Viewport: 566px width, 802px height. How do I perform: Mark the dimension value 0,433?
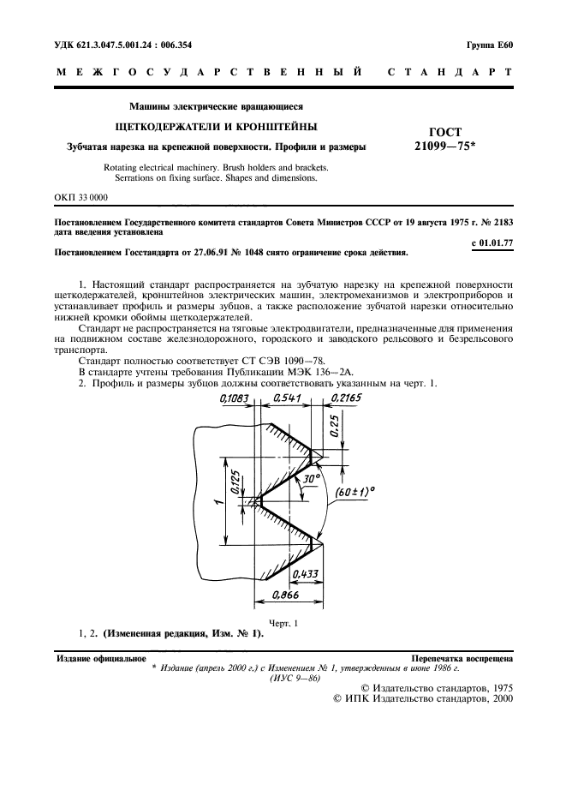click(306, 574)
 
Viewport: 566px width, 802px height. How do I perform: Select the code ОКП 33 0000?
click(81, 197)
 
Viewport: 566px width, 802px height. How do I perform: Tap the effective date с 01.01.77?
click(492, 242)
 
